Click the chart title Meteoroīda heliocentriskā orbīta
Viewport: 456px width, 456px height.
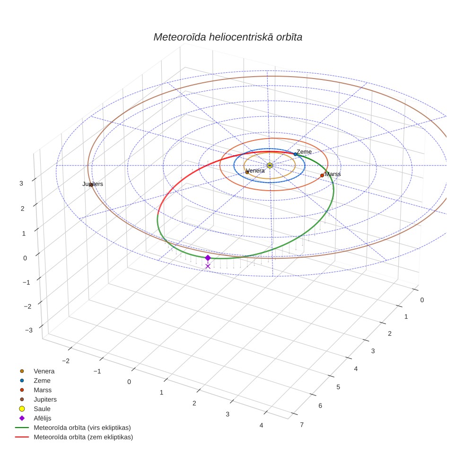click(228, 37)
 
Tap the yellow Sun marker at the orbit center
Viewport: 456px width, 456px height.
click(270, 166)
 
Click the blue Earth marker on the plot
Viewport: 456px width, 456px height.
click(295, 154)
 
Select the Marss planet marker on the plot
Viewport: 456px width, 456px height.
click(322, 175)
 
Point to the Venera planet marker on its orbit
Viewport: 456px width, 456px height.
click(247, 172)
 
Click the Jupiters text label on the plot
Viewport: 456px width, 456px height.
click(93, 184)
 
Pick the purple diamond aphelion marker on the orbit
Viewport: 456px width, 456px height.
click(208, 258)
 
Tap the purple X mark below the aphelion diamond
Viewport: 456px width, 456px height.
click(208, 266)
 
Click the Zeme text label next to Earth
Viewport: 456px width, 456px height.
click(304, 152)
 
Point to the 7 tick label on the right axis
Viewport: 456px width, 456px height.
click(302, 425)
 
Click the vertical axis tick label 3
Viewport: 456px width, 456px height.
click(21, 184)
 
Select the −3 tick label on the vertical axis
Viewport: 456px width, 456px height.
click(29, 330)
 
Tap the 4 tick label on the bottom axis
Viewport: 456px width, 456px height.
click(262, 425)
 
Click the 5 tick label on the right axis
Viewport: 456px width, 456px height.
click(338, 387)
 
